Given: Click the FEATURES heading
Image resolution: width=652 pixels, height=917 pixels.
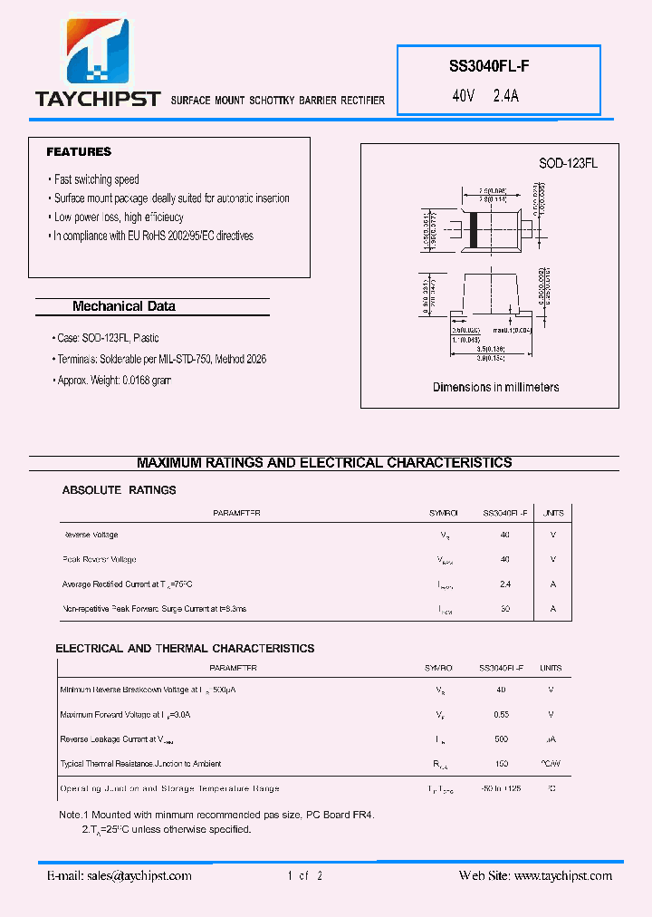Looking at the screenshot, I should coord(79,151).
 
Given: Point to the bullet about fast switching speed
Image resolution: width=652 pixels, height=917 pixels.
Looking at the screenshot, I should coord(96,179).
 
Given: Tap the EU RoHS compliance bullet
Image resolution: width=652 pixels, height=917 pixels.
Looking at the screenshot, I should coord(153,236).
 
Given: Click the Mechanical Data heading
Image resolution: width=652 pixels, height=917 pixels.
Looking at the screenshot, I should coord(124,306).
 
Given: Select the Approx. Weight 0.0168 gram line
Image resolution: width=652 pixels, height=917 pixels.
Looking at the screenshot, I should coord(113,381).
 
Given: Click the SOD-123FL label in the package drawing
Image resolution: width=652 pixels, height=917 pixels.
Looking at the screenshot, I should coord(568,163).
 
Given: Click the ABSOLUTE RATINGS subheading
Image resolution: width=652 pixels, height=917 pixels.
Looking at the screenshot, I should coord(119,490).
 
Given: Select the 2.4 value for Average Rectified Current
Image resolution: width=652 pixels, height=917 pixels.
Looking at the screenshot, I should coord(504,584).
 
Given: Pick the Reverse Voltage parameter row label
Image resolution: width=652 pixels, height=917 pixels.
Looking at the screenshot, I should coord(91,536).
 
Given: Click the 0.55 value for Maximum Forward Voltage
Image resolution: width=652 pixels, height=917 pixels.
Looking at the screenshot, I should coord(501,715).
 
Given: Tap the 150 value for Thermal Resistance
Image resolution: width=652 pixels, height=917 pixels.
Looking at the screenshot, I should coord(501,764).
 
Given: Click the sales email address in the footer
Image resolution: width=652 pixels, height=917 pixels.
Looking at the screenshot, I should coord(119,875).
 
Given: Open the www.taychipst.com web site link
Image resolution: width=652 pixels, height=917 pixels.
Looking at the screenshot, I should coord(562,875).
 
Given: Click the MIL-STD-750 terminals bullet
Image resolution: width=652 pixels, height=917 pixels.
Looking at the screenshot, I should coord(161,359).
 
